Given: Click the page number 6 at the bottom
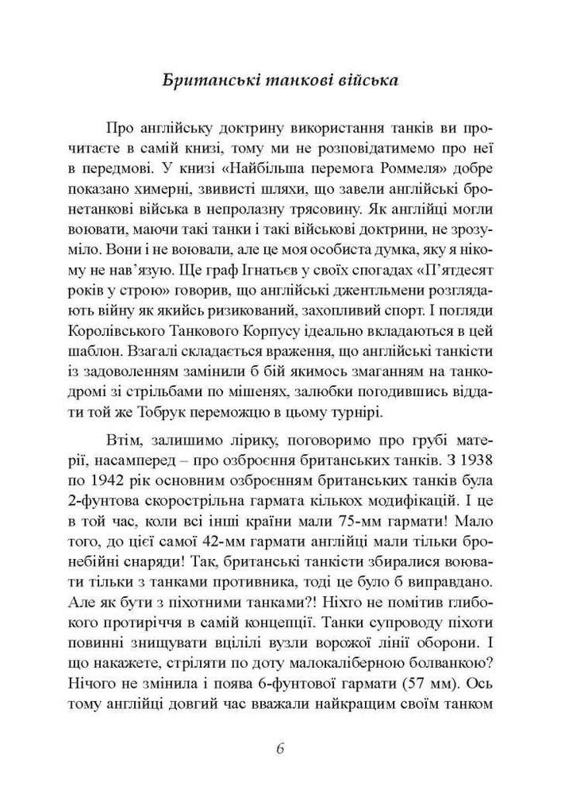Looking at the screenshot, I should (x=280, y=749).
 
